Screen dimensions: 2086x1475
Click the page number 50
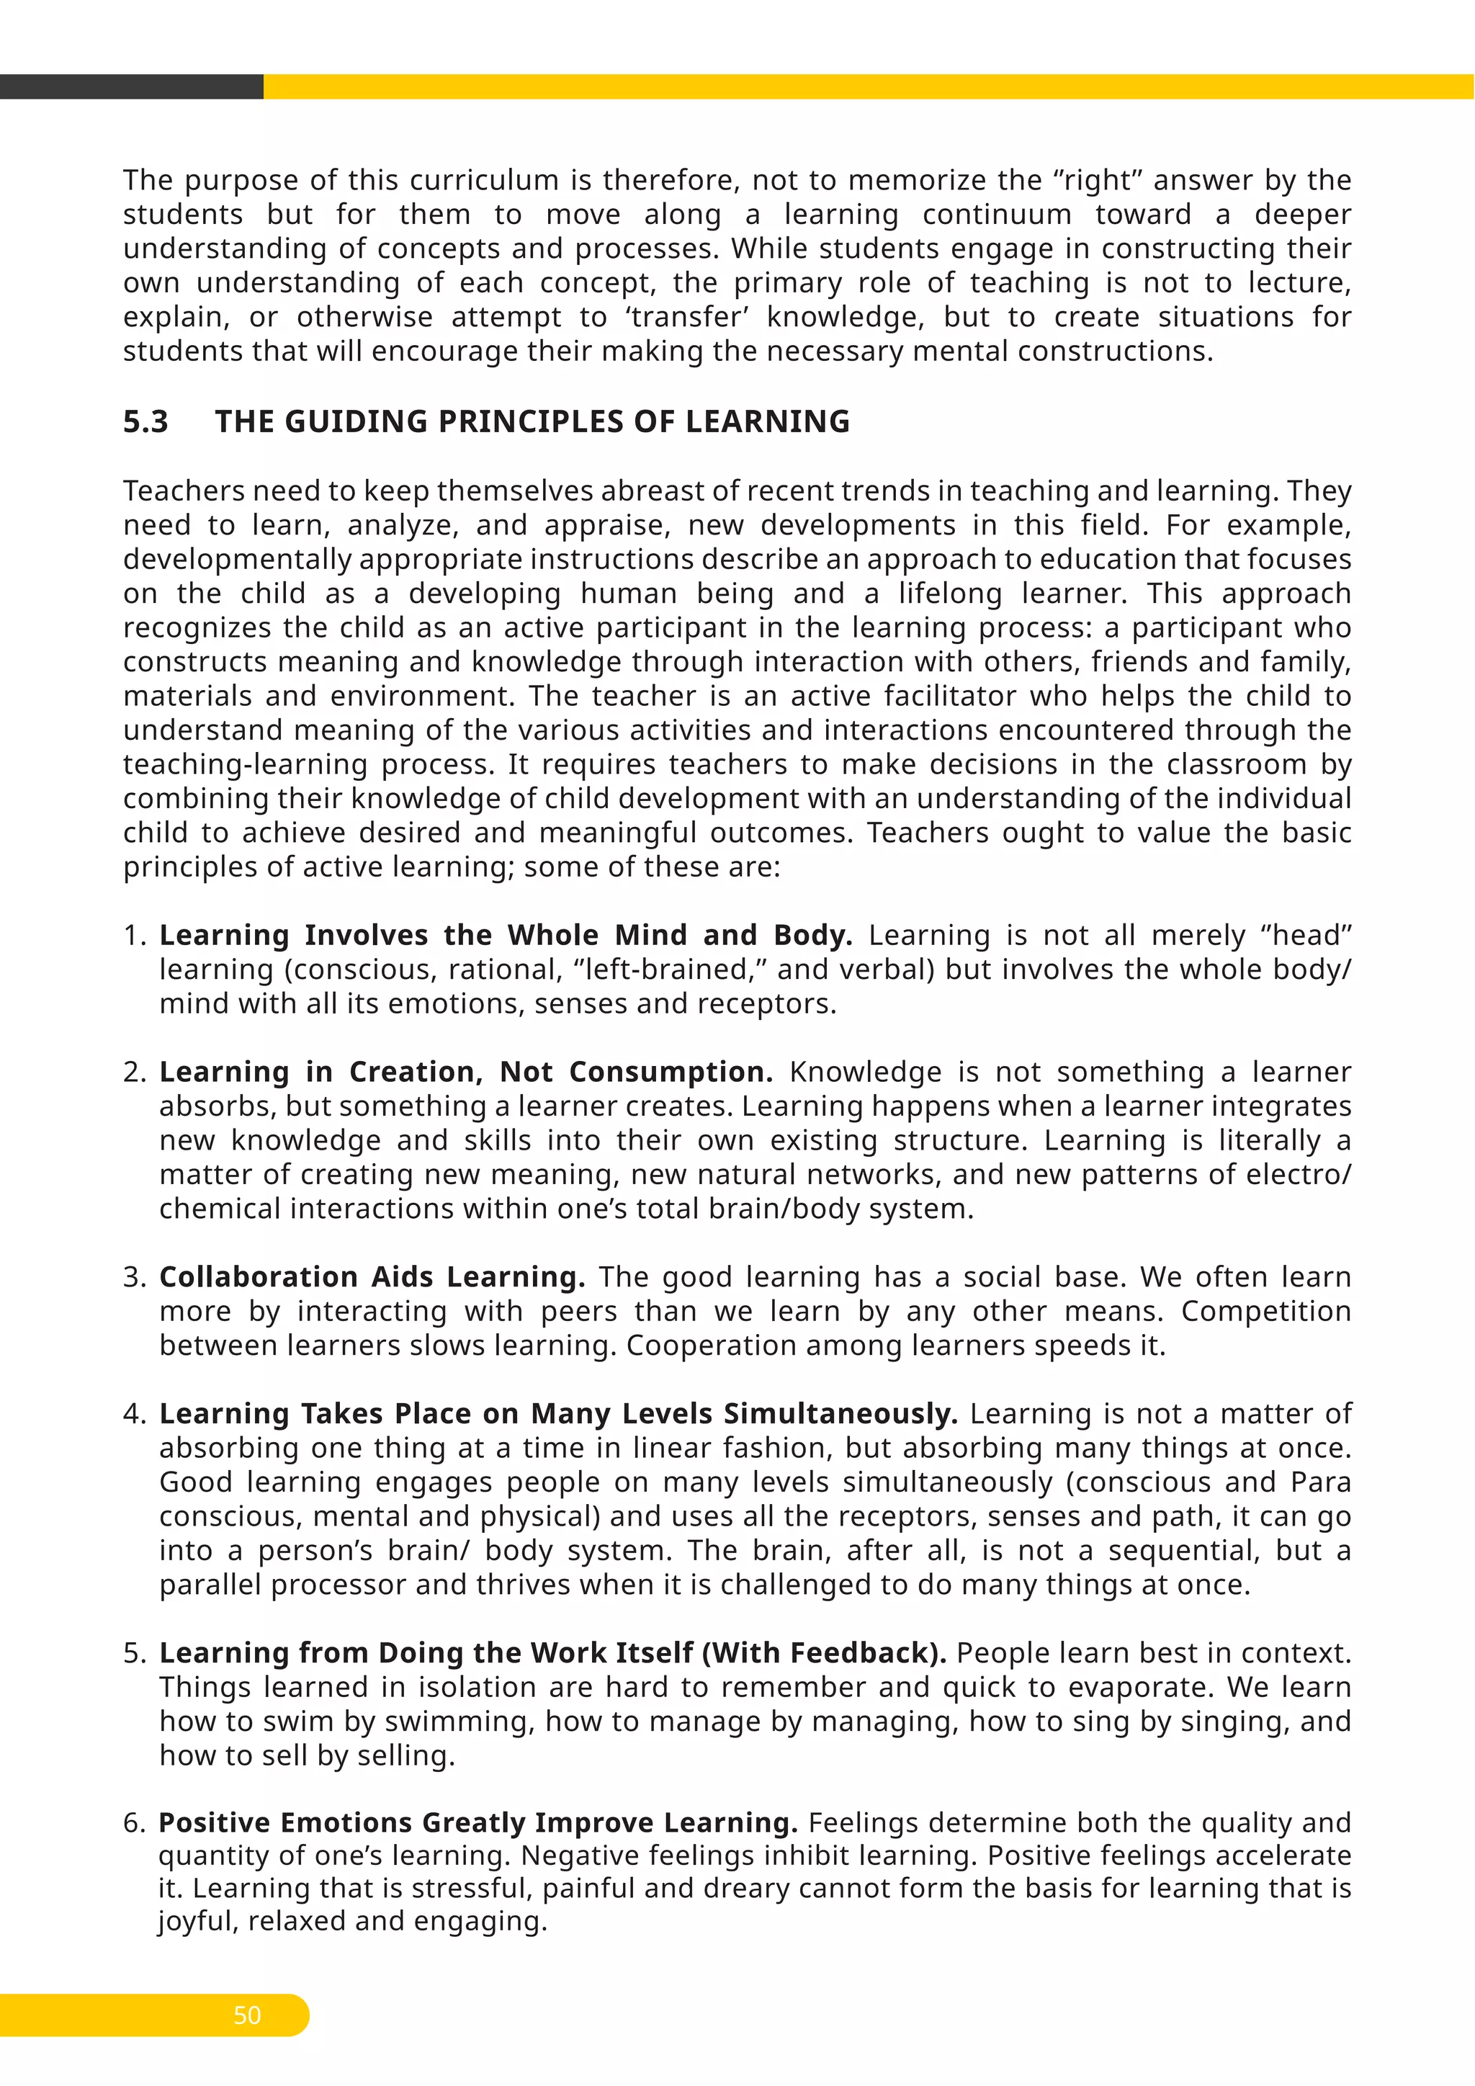click(x=247, y=2015)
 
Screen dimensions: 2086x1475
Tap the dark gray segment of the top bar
click(x=131, y=86)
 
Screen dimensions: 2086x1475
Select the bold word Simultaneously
click(x=840, y=1414)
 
